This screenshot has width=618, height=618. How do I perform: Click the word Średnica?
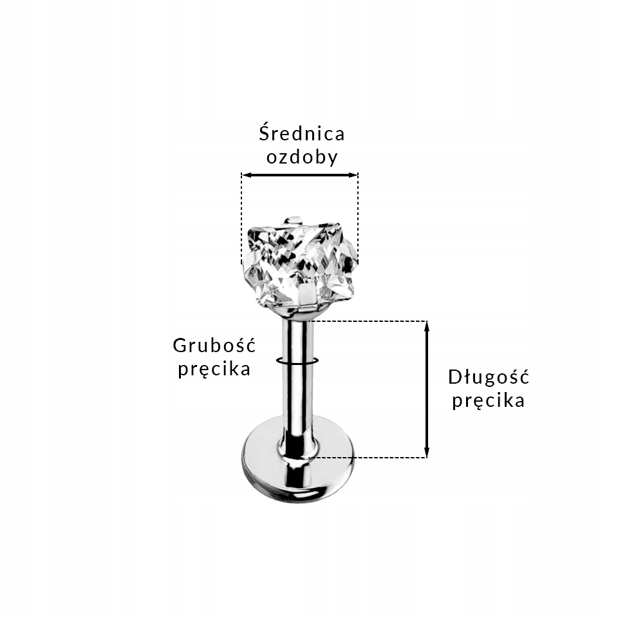[x=301, y=133]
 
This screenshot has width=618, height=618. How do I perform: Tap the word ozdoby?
[x=301, y=158]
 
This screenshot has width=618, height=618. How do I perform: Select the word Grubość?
[x=214, y=345]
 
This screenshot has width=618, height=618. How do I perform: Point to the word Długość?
[x=488, y=377]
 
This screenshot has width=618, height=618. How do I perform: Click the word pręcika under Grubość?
[x=214, y=370]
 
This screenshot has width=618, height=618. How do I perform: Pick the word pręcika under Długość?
[x=488, y=400]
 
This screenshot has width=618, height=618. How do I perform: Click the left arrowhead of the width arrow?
[x=245, y=174]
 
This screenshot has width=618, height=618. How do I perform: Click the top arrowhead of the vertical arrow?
[x=426, y=325]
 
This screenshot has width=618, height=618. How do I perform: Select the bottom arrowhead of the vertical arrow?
[x=426, y=453]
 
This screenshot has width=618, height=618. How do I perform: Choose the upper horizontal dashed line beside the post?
[x=367, y=321]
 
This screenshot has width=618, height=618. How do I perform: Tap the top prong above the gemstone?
[x=294, y=221]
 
